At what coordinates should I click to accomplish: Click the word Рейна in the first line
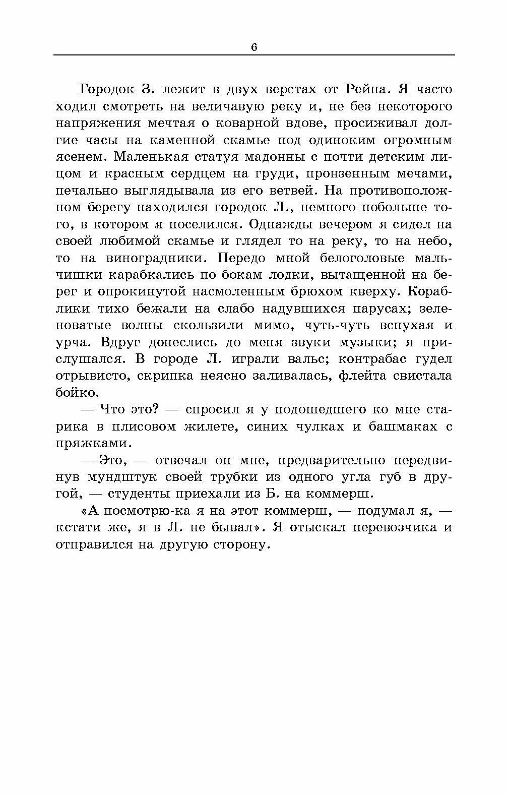pos(358,89)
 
